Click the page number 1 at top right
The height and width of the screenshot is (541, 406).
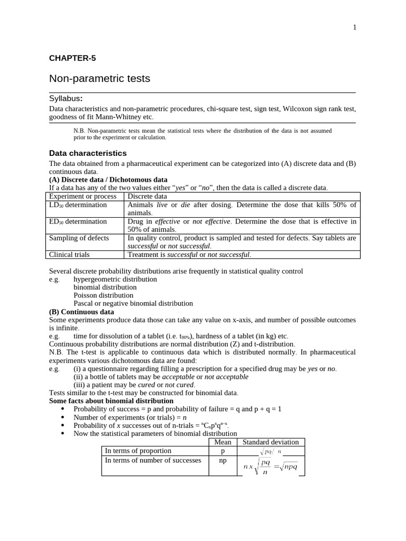point(355,27)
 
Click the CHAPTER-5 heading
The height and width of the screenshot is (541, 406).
point(72,58)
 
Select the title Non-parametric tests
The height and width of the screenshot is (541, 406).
point(99,79)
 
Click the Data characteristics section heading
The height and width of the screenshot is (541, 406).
point(88,153)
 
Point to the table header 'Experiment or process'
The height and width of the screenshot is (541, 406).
point(82,197)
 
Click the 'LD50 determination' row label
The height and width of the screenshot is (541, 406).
point(78,205)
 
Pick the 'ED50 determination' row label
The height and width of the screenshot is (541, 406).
point(78,221)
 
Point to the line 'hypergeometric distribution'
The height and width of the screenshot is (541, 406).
point(115,279)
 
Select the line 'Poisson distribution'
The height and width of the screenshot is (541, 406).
point(104,295)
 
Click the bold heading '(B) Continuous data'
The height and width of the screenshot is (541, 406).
point(81,312)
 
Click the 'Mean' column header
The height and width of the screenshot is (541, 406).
point(223,442)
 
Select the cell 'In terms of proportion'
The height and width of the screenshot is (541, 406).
point(138,451)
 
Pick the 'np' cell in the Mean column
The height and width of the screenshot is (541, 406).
point(223,460)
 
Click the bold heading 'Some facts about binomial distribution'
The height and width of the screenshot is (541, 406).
point(112,401)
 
